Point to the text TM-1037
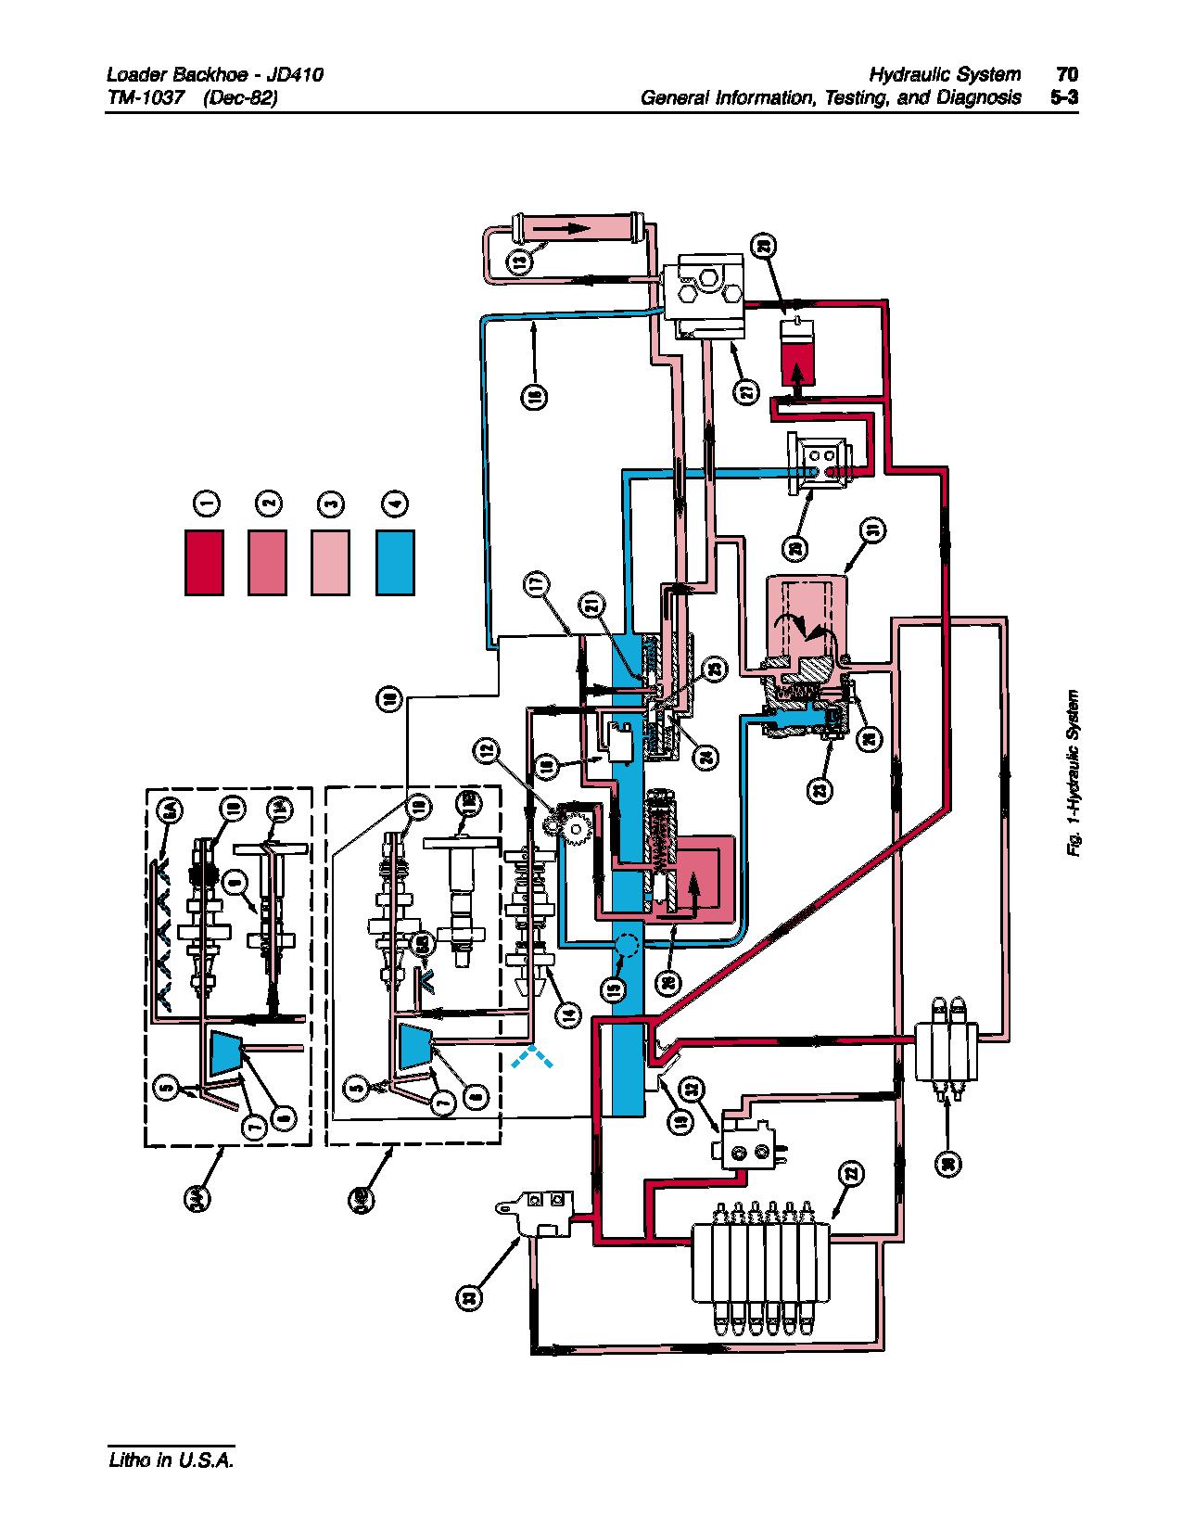click(x=142, y=97)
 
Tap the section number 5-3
click(x=1064, y=97)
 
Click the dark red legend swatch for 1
click(x=204, y=562)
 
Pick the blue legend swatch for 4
click(x=396, y=562)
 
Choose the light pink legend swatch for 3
click(x=332, y=562)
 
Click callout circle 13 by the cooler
click(x=521, y=262)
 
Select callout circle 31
click(x=872, y=530)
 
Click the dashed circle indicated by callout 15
click(x=627, y=946)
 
